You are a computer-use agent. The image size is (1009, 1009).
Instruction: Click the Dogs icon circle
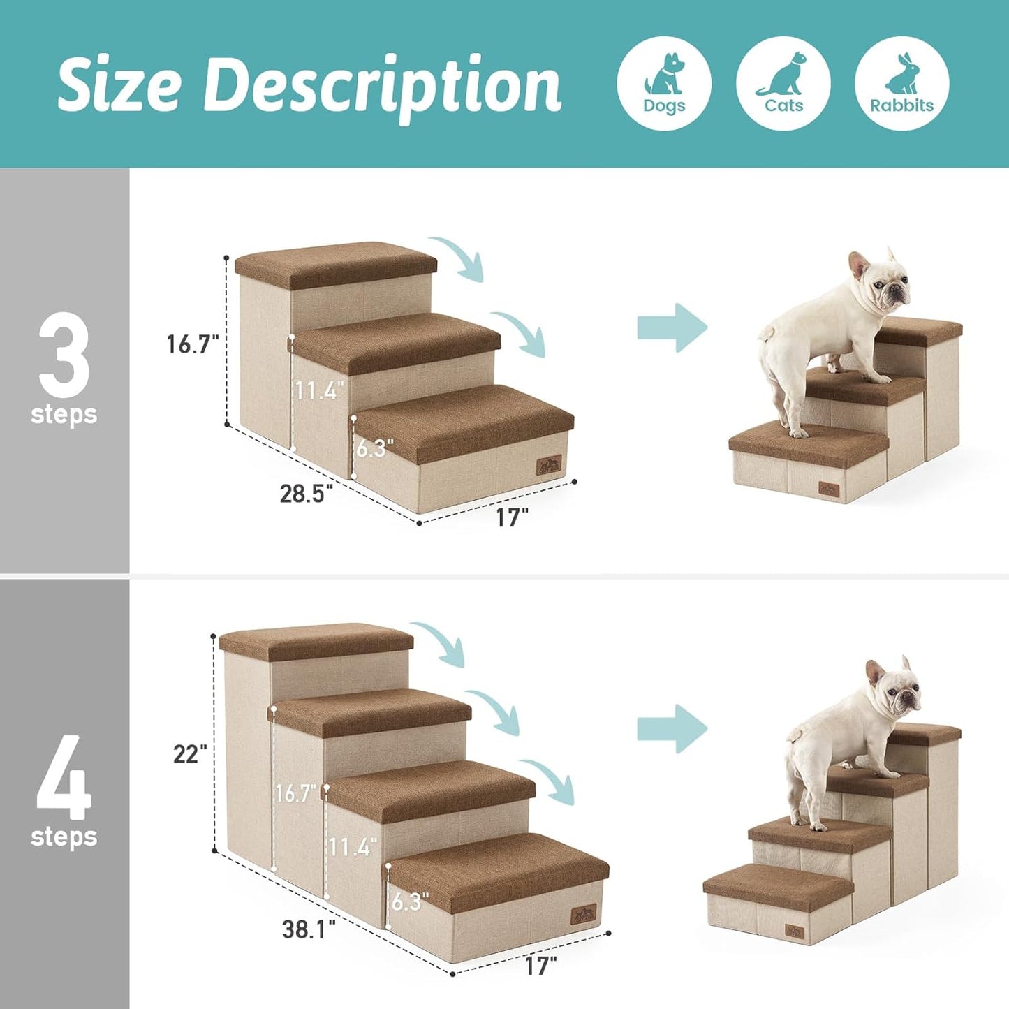pos(664,83)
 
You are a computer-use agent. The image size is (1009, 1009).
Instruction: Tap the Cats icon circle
pos(783,83)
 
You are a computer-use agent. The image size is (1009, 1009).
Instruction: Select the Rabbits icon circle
pos(901,83)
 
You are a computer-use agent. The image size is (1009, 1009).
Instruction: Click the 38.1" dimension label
pos(309,929)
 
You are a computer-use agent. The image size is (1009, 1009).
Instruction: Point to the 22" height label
pos(190,754)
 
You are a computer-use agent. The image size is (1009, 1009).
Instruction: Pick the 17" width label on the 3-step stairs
pos(512,517)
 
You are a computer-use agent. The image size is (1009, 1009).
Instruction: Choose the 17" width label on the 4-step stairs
pos(541,966)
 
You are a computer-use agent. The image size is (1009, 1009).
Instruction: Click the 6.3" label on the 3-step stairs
pos(374,448)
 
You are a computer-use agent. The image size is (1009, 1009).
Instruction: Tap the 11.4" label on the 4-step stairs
pos(353,847)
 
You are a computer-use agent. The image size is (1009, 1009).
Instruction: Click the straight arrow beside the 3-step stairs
pos(672,327)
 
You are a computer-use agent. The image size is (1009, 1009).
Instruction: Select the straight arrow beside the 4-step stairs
pos(672,729)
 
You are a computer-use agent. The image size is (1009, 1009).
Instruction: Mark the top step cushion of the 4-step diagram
pos(316,641)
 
